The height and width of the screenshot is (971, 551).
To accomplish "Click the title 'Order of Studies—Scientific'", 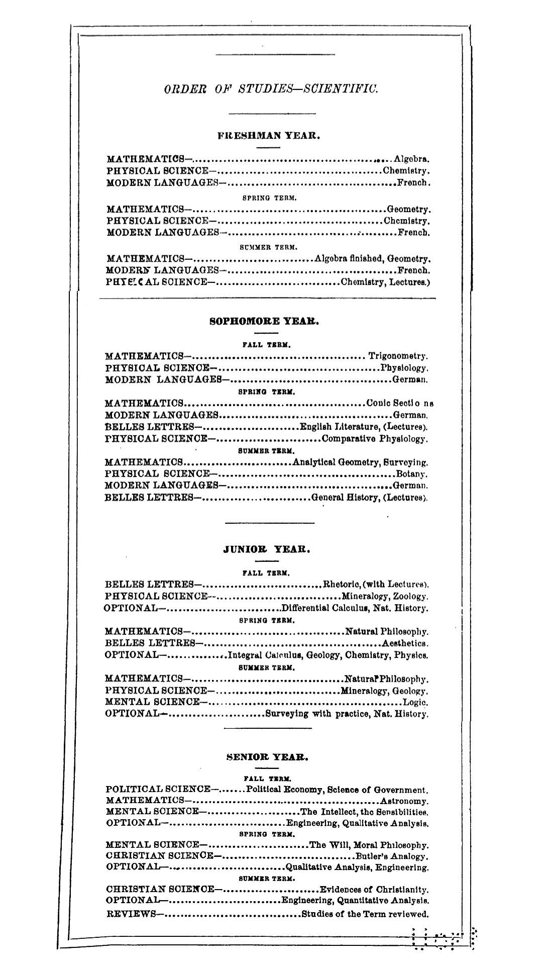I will pyautogui.click(x=271, y=89).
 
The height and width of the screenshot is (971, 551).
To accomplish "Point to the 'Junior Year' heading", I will pyautogui.click(x=266, y=549).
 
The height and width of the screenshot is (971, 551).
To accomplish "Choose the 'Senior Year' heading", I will pyautogui.click(x=267, y=756).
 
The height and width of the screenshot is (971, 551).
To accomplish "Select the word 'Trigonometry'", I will pyautogui.click(x=398, y=356).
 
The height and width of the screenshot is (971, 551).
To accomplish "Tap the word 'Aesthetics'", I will pyautogui.click(x=405, y=643).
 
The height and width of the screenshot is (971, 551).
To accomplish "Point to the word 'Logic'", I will pyautogui.click(x=415, y=702).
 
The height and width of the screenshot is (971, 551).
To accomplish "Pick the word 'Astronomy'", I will pyautogui.click(x=404, y=801).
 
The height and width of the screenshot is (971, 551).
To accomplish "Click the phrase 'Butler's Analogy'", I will pyautogui.click(x=391, y=856).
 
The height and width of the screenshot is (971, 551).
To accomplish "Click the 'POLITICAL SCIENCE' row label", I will pyautogui.click(x=159, y=790).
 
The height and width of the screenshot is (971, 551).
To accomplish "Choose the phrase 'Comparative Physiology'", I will pyautogui.click(x=374, y=439).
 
